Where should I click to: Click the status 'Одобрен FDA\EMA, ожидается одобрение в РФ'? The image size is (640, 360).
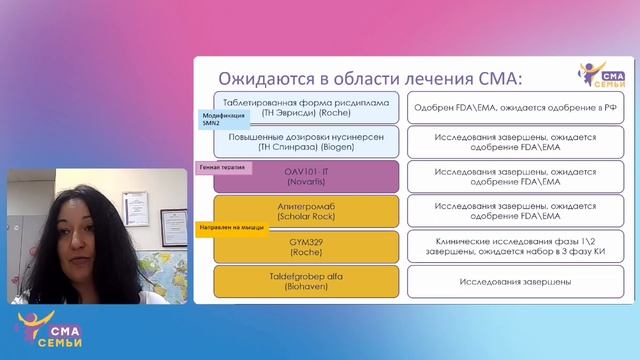(x=515, y=107)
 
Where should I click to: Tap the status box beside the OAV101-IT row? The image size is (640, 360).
(x=515, y=176)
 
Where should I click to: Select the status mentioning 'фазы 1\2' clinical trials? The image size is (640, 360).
(x=515, y=247)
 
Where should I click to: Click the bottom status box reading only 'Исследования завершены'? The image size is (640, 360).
(x=515, y=282)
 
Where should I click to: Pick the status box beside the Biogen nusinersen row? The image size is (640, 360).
(x=515, y=141)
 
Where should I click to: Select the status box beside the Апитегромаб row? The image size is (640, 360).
(x=515, y=212)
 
